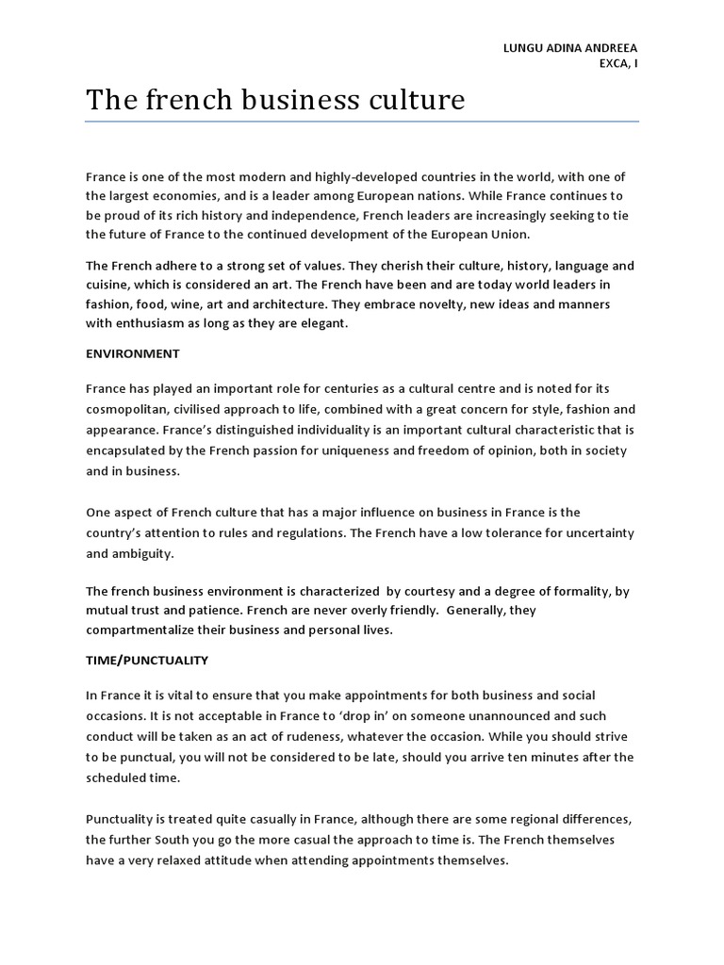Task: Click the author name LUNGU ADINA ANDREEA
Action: tap(572, 48)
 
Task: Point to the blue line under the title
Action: tap(362, 121)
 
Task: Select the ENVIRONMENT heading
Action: tap(132, 353)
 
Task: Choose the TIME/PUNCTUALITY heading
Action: tap(147, 661)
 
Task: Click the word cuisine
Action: tap(107, 285)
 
